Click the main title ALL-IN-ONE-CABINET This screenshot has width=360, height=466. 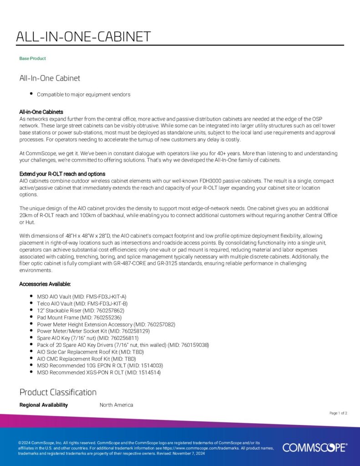[83, 37]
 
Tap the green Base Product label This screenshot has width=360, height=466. [32, 59]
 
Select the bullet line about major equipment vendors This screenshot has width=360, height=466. [83, 95]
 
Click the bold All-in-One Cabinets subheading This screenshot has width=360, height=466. [41, 112]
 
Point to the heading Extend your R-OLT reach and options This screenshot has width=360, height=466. [62, 174]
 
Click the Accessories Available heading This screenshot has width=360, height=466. [45, 284]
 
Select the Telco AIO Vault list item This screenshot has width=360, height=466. [82, 303]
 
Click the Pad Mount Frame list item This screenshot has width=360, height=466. [79, 317]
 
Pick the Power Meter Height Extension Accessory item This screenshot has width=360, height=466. [106, 324]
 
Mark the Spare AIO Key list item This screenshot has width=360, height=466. [87, 338]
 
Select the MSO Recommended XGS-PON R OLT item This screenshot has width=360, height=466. [99, 373]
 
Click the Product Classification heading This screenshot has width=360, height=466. [58, 392]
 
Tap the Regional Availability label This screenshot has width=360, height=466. [44, 405]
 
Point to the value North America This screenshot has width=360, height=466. [116, 405]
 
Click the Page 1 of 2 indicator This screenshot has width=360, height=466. [338, 413]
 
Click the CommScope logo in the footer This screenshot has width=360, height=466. [314, 448]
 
